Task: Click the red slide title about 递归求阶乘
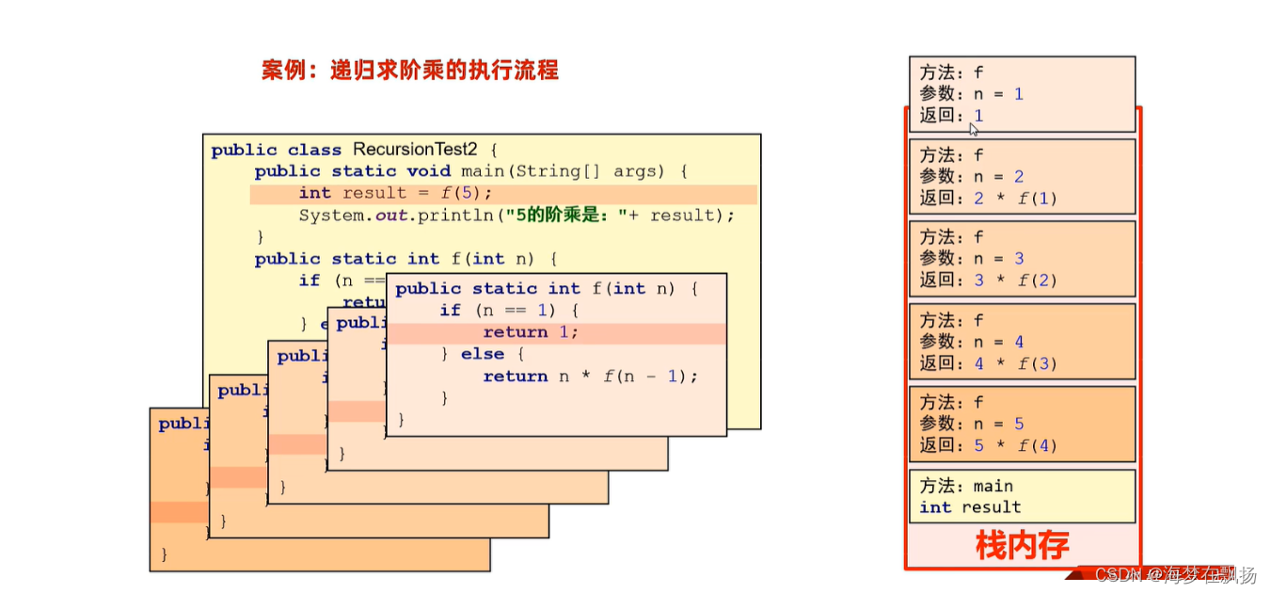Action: [409, 70]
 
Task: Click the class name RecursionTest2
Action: [418, 150]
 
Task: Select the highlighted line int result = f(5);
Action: [395, 193]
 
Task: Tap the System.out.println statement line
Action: [516, 215]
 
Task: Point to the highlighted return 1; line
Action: [531, 332]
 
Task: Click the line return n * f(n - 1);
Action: [591, 377]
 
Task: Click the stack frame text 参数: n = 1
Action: [971, 94]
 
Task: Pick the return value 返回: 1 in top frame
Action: [951, 116]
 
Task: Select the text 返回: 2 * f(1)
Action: [988, 199]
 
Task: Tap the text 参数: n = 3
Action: [972, 259]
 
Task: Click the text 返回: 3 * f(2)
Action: [988, 280]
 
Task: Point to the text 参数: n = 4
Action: [972, 342]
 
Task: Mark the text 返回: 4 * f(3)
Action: [988, 363]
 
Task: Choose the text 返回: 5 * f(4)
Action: [988, 445]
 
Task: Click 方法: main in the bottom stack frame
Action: [966, 486]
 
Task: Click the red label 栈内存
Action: [1022, 545]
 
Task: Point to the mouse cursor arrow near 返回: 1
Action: [974, 129]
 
